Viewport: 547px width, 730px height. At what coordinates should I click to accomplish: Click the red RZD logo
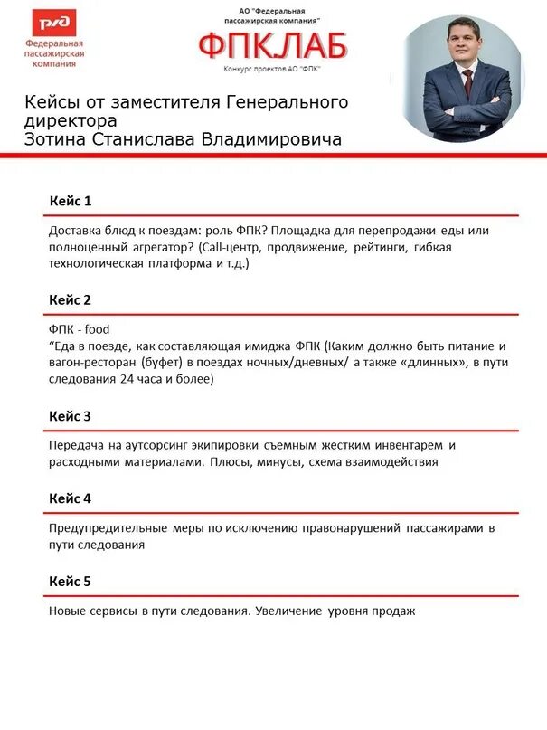tap(55, 24)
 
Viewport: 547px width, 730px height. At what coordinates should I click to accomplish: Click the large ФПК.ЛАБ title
tap(272, 44)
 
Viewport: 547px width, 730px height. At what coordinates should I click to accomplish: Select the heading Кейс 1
tap(70, 200)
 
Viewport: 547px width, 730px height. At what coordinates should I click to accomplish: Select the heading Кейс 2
tap(70, 299)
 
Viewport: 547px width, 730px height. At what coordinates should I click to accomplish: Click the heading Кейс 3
tap(70, 416)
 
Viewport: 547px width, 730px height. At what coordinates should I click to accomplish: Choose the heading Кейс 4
tap(70, 498)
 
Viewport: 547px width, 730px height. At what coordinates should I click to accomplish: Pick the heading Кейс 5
tap(70, 581)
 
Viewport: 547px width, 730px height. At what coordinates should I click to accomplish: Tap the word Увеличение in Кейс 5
tap(288, 611)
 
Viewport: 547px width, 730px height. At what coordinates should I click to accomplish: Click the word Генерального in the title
tap(285, 101)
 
